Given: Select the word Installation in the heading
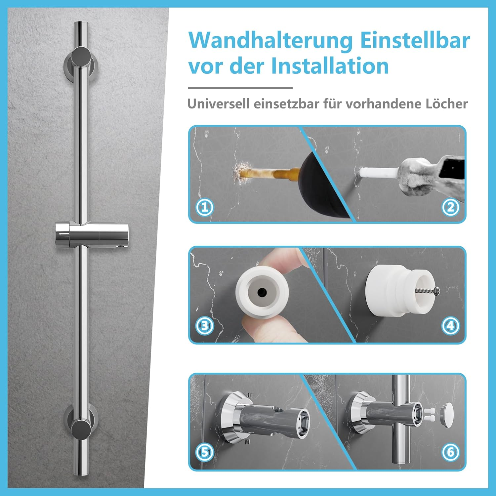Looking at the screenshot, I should point(330,66).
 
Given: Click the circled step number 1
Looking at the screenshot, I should point(205,207).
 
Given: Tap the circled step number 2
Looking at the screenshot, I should point(450,207).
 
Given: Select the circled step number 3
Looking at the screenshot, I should point(205,326).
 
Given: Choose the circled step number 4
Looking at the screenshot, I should point(450,326).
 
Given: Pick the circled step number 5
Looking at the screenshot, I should point(205,452).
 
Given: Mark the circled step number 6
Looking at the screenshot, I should point(450,452).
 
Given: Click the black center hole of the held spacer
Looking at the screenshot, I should point(262,292).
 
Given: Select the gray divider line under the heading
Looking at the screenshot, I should point(240,88).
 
